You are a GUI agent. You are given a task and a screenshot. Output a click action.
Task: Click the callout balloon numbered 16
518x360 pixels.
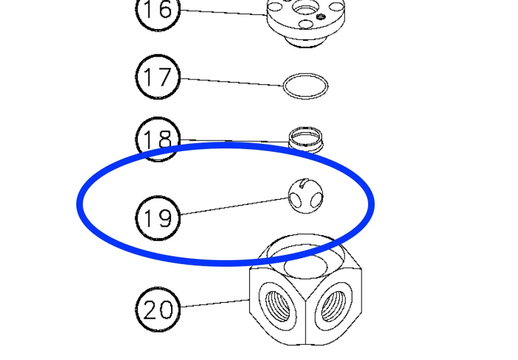tap(158, 10)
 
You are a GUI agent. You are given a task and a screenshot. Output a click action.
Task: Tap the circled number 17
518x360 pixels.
tap(158, 78)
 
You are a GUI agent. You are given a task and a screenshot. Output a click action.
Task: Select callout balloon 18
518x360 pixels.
tap(158, 139)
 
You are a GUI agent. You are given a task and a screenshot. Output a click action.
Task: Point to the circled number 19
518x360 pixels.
tap(158, 218)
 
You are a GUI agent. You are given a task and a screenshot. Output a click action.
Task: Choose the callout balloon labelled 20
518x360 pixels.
tap(158, 309)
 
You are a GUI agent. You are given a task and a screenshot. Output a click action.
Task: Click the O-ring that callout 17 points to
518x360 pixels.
tap(306, 74)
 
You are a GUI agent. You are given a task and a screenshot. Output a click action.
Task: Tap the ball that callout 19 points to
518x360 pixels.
tap(306, 196)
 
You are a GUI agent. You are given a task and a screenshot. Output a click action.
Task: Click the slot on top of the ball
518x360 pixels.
tap(303, 183)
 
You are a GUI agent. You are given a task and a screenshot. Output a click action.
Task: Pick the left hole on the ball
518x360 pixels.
tap(294, 199)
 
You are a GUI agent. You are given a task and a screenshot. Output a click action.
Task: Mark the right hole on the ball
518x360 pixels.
tap(316, 199)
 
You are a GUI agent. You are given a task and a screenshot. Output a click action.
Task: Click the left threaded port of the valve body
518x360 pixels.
tap(277, 306)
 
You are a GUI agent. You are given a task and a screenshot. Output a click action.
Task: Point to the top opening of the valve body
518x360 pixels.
tap(306, 256)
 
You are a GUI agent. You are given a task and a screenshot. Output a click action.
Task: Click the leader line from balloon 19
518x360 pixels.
tap(235, 206)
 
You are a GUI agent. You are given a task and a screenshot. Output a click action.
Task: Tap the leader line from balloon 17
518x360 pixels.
tap(232, 82)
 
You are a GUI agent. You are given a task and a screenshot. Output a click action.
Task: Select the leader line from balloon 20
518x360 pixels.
tap(215, 304)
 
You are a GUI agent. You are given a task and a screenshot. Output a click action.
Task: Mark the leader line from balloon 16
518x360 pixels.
tap(224, 12)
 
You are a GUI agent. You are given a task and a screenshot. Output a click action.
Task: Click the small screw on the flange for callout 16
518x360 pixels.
tap(319, 16)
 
